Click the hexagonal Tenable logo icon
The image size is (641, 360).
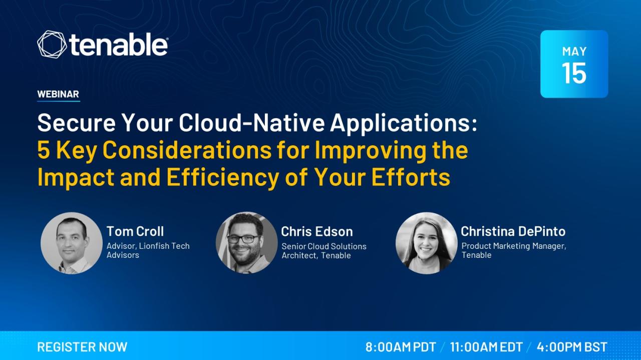[x=52, y=45]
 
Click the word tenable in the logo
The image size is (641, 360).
[x=118, y=45]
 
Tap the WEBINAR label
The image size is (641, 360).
[x=58, y=94]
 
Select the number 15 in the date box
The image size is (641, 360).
[x=574, y=73]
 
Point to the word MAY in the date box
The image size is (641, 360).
[x=574, y=52]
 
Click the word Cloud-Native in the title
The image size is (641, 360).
[x=252, y=123]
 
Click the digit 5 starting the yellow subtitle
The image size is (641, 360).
[x=44, y=150]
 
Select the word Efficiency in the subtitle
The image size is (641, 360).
[x=223, y=177]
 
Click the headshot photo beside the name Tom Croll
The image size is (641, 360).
[x=72, y=243]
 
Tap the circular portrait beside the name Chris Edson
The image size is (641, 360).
[x=247, y=243]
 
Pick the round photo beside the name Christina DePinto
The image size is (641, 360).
[x=427, y=243]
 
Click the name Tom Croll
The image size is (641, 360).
[x=135, y=231]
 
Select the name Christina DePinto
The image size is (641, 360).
[x=513, y=231]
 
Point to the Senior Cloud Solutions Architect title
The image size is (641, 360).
[x=324, y=251]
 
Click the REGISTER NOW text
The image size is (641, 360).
[x=82, y=347]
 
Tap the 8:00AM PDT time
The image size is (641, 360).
[x=401, y=347]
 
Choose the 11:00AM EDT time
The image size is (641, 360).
[x=486, y=347]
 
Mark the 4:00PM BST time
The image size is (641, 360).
[x=572, y=347]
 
